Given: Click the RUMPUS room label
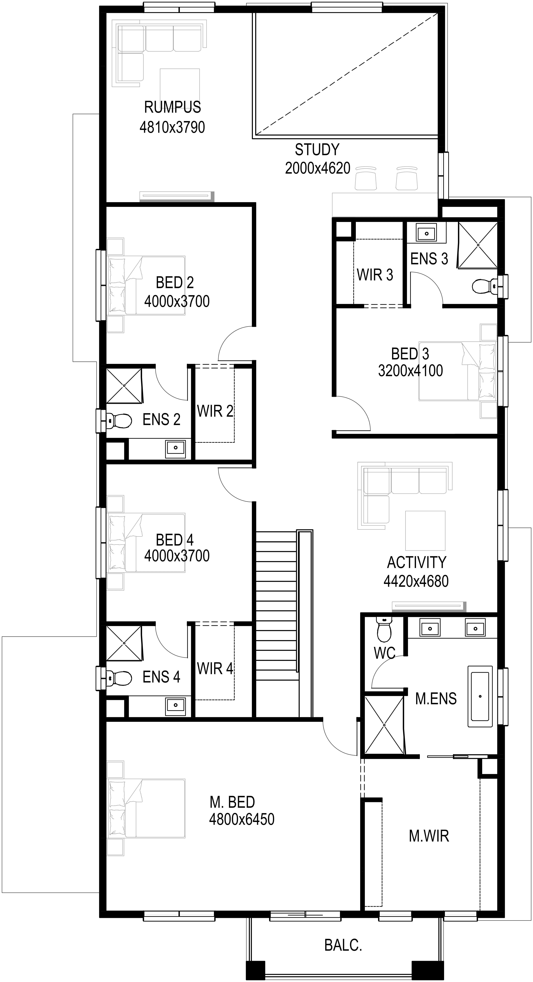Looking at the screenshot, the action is [172, 107].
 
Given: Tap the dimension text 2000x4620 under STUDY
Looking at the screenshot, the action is [318, 168].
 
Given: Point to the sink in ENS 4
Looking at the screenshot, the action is [175, 704].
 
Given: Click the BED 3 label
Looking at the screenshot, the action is [410, 354].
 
